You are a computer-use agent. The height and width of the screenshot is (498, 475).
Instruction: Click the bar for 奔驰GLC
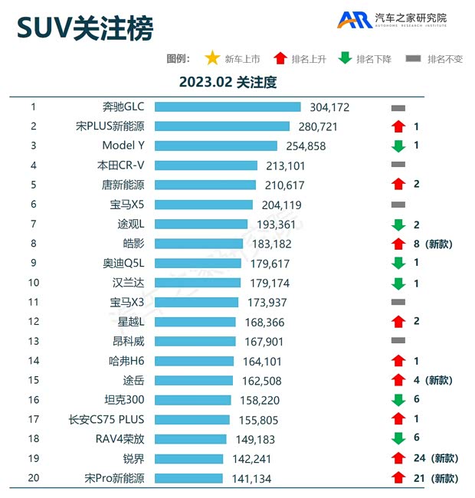pyautogui.click(x=228, y=107)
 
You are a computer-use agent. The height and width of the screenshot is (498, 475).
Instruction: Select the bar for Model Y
pyautogui.click(x=215, y=146)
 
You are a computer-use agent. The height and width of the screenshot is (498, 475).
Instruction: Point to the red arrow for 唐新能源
pyautogui.click(x=398, y=185)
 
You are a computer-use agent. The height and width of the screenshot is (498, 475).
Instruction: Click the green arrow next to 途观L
pyautogui.click(x=398, y=224)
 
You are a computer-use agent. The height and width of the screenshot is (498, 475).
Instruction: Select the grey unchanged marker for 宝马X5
pyautogui.click(x=398, y=205)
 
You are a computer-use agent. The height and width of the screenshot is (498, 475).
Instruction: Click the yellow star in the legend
pyautogui.click(x=212, y=58)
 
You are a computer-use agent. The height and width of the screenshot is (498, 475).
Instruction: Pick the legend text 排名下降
pyautogui.click(x=374, y=59)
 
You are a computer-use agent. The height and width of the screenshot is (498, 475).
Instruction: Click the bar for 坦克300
pyautogui.click(x=193, y=400)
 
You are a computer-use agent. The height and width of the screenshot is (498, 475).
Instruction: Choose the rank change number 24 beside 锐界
pyautogui.click(x=418, y=458)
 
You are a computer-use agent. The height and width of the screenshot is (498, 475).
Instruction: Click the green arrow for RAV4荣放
pyautogui.click(x=398, y=439)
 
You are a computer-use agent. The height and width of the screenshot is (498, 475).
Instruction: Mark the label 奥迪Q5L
pyautogui.click(x=123, y=263)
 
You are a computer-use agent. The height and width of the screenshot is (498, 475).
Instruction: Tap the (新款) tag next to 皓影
pyautogui.click(x=441, y=244)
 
